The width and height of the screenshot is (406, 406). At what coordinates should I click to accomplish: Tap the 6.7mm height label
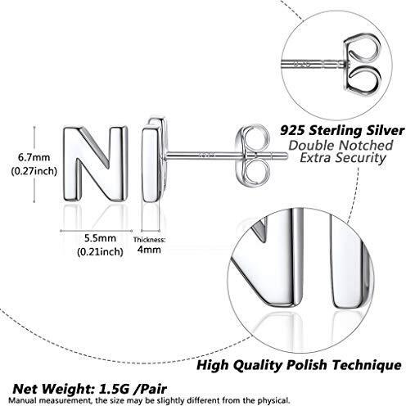[34, 157]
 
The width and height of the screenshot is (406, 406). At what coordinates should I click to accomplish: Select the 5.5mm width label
[100, 238]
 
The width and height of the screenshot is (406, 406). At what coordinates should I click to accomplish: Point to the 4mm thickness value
[149, 250]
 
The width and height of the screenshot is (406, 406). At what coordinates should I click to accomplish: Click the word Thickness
[149, 240]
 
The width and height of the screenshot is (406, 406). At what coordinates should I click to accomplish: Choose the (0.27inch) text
[34, 171]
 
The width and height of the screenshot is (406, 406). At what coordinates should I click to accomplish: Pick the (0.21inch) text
[100, 251]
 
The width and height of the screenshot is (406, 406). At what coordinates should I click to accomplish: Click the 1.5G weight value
[113, 389]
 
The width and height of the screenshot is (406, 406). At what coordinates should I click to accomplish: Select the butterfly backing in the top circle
[362, 65]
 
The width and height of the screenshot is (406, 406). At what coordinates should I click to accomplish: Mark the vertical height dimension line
[34, 164]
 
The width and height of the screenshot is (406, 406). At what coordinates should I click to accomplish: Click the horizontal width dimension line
[96, 231]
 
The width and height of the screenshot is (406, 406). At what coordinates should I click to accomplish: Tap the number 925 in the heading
[293, 131]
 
